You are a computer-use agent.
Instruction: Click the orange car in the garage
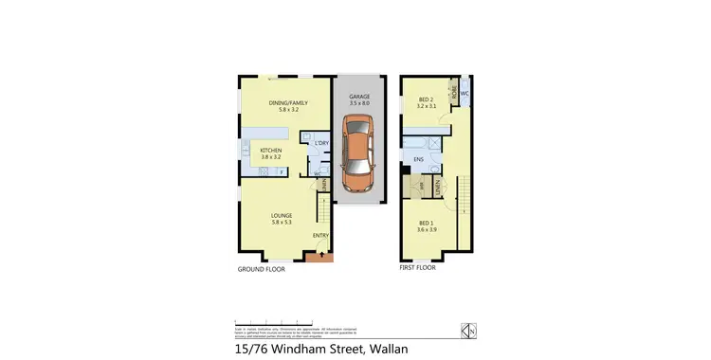(x=359, y=152)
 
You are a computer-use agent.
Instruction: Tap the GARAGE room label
(x=359, y=98)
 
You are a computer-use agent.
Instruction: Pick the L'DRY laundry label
(x=321, y=143)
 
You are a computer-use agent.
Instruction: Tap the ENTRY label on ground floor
(x=321, y=235)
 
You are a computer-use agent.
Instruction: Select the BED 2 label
(x=426, y=99)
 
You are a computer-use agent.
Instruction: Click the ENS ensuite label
(x=418, y=159)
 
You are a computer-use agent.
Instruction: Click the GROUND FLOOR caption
(x=261, y=269)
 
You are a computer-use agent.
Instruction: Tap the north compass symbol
(x=466, y=331)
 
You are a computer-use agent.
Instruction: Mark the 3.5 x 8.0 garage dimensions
(x=359, y=104)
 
